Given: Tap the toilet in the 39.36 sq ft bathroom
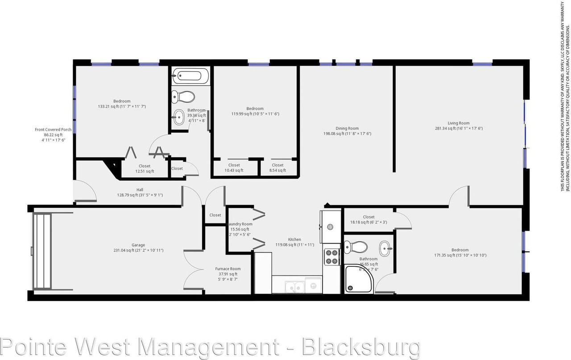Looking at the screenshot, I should click(x=184, y=96).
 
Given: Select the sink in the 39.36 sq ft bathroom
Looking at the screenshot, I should click(x=179, y=118).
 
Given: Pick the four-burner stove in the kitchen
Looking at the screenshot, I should click(x=331, y=257).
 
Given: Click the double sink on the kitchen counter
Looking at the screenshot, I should click(x=295, y=286).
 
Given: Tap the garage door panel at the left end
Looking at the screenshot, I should click(x=42, y=252).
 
